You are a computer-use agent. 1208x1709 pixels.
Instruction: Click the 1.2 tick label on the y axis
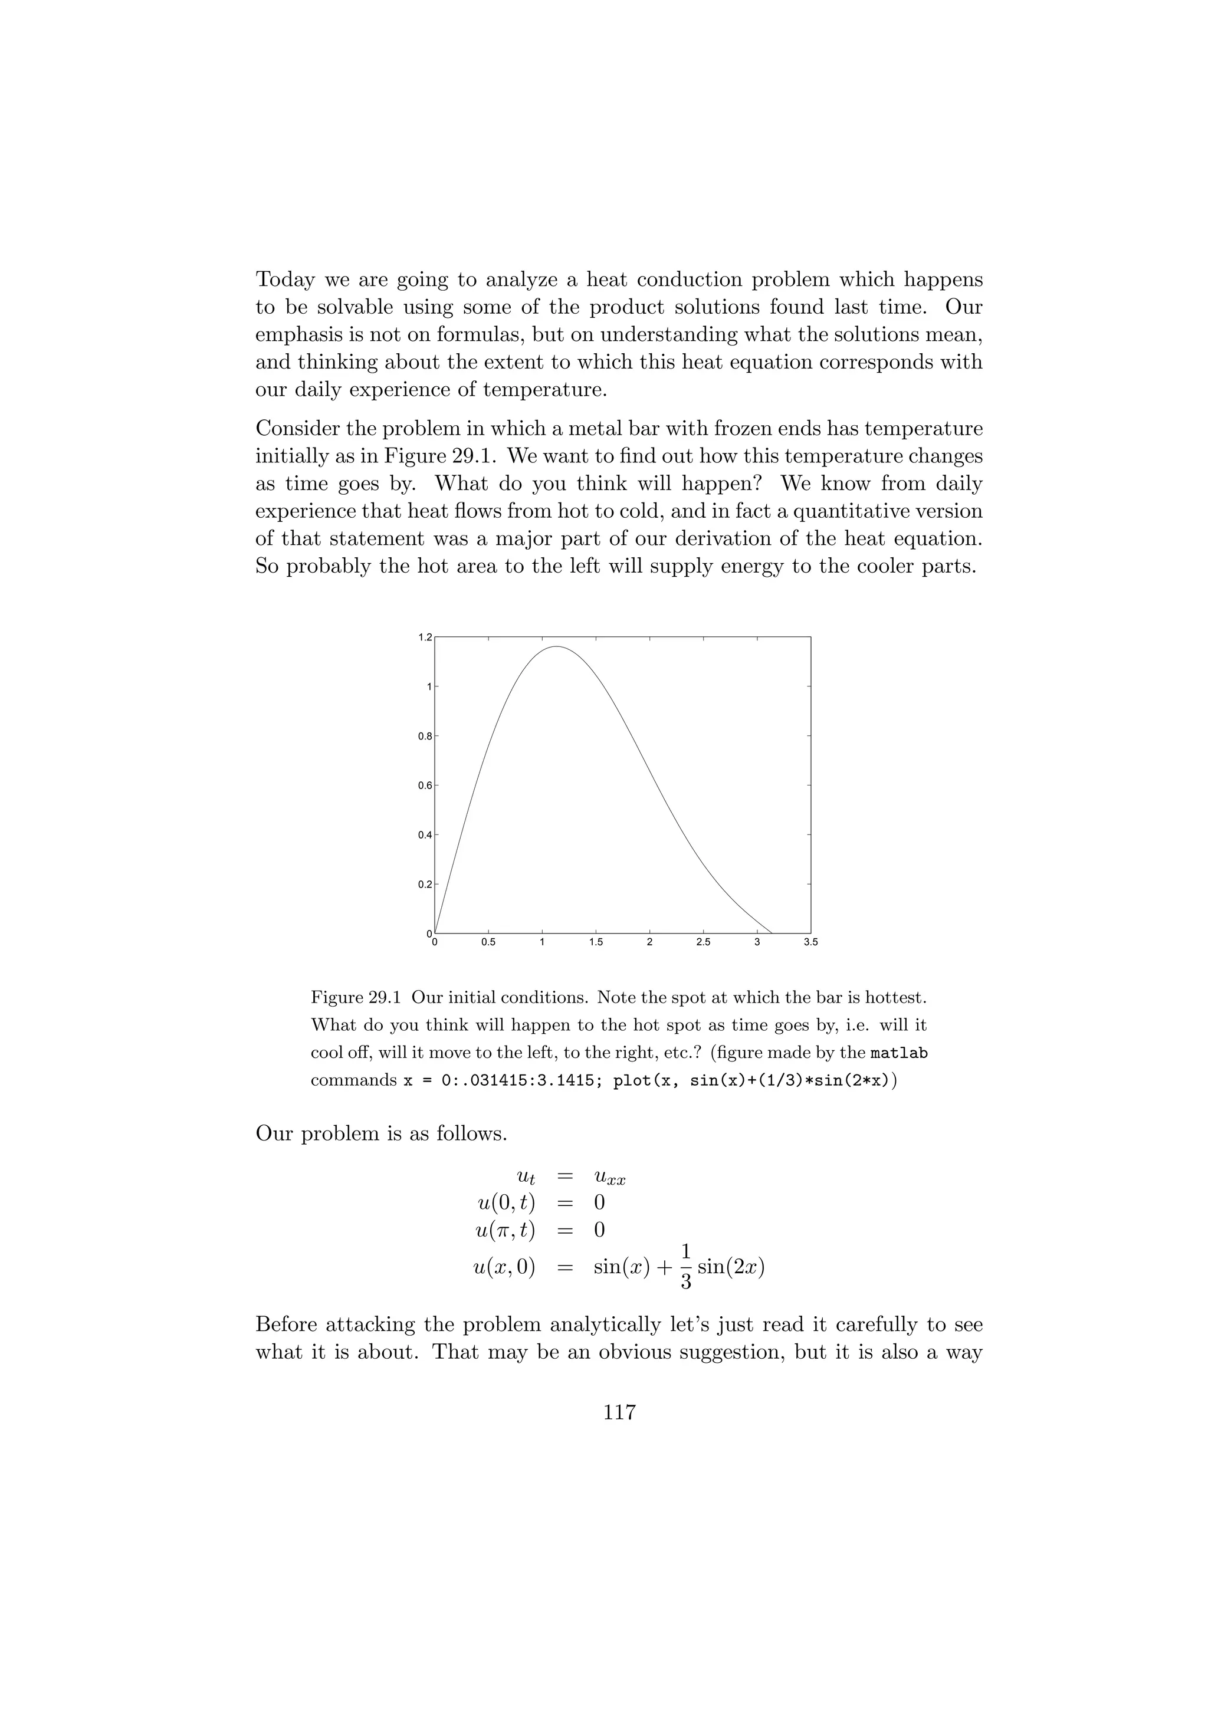[x=424, y=637]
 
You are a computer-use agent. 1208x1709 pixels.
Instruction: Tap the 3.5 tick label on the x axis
[x=810, y=942]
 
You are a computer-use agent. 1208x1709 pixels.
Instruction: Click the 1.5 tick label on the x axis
[x=595, y=942]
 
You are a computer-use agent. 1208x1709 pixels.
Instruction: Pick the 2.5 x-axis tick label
[x=703, y=942]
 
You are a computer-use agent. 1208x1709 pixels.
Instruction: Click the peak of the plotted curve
[x=556, y=647]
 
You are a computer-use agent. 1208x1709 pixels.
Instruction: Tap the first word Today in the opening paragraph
[x=285, y=280]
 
